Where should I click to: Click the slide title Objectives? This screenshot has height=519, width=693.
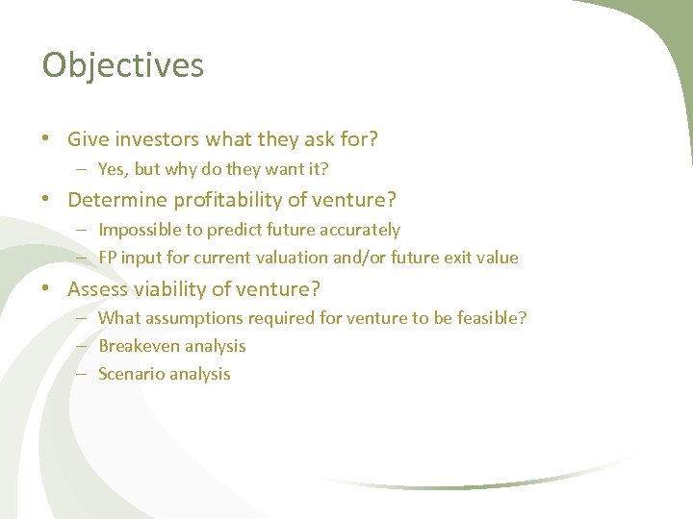click(123, 65)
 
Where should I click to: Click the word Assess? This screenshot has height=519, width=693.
click(97, 288)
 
